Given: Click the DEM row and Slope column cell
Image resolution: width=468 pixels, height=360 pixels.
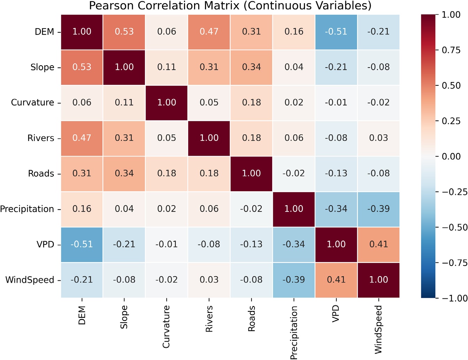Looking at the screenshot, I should coord(124,32).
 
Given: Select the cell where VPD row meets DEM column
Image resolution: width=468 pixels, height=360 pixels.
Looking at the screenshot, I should coord(82,244).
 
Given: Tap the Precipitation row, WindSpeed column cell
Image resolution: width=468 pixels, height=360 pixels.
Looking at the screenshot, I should coord(378,209).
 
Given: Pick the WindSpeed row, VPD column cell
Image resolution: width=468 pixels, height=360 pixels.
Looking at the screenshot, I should coord(336,280).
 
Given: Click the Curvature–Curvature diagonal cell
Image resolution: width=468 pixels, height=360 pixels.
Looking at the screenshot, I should coord(167,103).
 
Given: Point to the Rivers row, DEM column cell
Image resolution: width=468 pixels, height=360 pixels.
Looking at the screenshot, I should coord(82,138).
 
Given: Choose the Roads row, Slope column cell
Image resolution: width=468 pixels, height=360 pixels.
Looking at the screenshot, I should coord(124,173).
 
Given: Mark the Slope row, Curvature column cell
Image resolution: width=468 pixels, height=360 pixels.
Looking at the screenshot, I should coord(167,67).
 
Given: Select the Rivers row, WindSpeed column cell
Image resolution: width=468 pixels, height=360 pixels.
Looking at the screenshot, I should coord(378,138).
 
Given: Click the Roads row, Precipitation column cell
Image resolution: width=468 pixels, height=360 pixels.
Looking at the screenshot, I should coord(294,173).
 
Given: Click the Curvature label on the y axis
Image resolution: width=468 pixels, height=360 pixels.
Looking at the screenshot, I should coord(32,103).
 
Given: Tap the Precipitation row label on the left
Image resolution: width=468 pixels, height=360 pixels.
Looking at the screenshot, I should coord(27,209).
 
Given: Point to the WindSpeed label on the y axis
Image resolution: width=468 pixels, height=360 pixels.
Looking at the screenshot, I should coord(30,280).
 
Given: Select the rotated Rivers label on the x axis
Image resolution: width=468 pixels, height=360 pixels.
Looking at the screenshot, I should coord(209,319).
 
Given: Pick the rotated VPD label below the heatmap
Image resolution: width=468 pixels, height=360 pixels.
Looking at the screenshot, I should coord(336,314).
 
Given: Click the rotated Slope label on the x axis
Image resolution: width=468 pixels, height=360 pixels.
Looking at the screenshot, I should coord(124,317).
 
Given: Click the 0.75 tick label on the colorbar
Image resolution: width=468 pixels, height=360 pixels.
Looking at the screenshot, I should coord(451,50).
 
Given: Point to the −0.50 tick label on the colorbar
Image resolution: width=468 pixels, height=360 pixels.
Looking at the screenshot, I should coord(454,227).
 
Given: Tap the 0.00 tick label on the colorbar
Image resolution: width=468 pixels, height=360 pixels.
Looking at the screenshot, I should coord(451,157).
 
